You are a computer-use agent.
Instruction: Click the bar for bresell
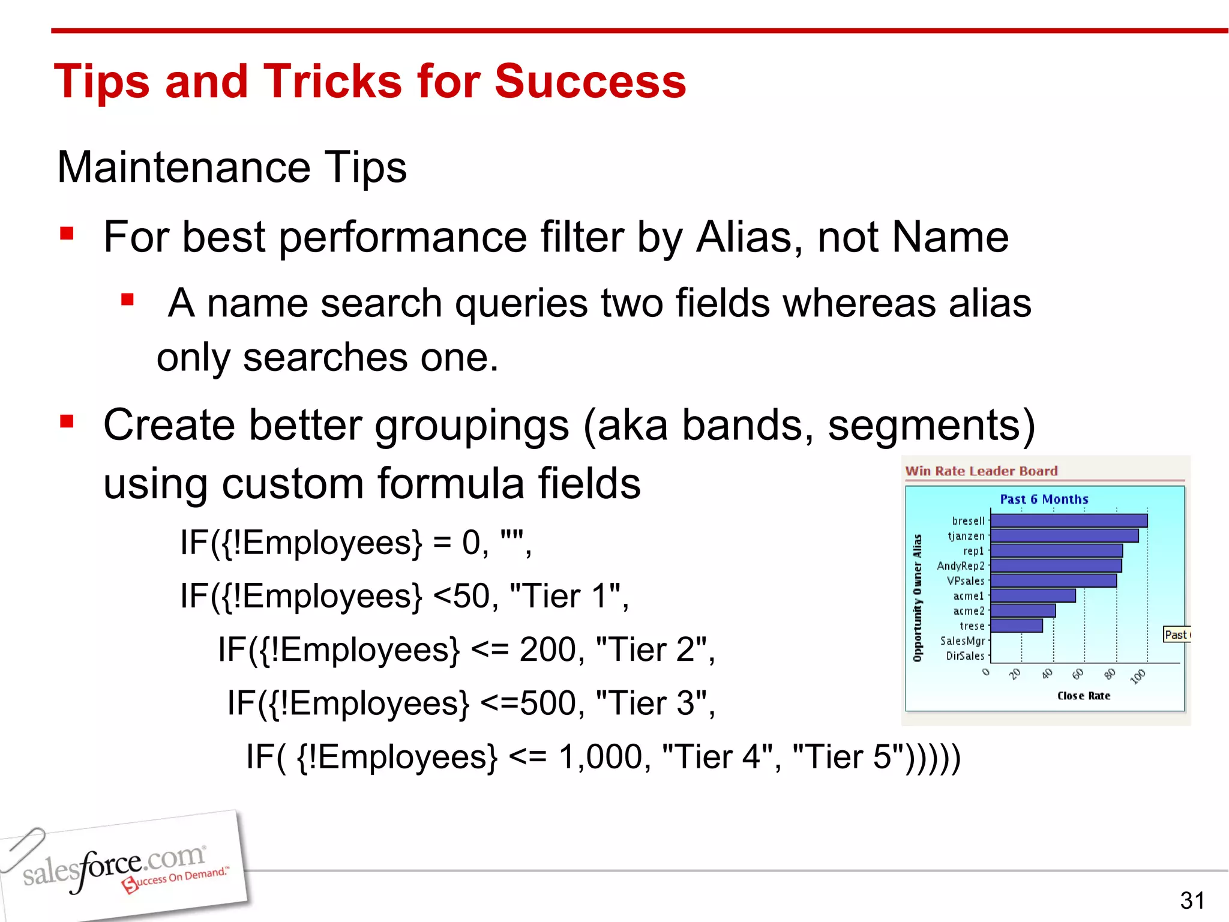tap(1068, 520)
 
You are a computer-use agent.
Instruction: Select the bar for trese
tap(1017, 625)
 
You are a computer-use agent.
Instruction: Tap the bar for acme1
tap(1033, 595)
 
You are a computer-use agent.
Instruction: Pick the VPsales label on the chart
tap(966, 580)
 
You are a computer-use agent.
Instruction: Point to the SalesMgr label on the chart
tap(963, 640)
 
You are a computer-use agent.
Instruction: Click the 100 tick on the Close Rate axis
tap(1138, 676)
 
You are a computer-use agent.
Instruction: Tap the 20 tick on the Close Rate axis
tap(1015, 674)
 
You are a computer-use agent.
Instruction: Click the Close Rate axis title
tap(1084, 696)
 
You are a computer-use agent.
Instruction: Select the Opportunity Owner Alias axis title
tap(917, 598)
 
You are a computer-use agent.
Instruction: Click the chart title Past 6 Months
tap(1044, 499)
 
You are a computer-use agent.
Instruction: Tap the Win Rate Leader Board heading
tap(981, 471)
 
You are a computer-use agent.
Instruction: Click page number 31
tap(1192, 900)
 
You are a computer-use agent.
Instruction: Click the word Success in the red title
tap(590, 82)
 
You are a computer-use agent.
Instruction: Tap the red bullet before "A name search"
tap(127, 299)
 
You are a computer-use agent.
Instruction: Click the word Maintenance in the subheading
tap(184, 167)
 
